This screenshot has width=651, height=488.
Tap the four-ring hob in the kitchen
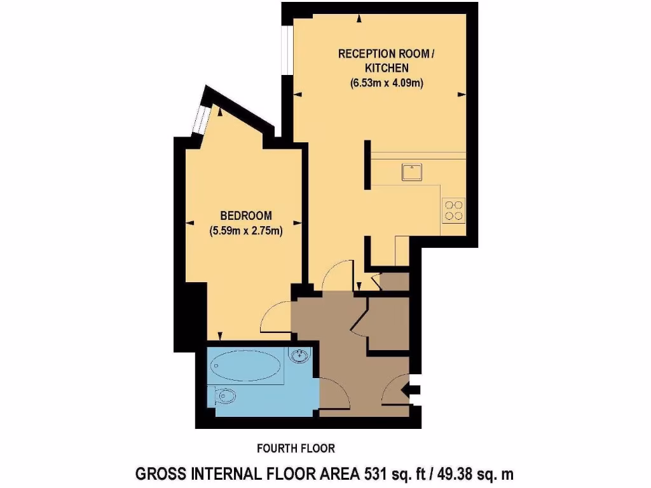pyautogui.click(x=454, y=210)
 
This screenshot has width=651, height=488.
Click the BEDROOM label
pyautogui.click(x=246, y=215)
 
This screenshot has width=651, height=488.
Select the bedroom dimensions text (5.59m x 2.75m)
pyautogui.click(x=246, y=231)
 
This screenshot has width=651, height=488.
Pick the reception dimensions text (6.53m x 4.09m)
pyautogui.click(x=387, y=83)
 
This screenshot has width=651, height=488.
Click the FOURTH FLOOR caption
pyautogui.click(x=296, y=449)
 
